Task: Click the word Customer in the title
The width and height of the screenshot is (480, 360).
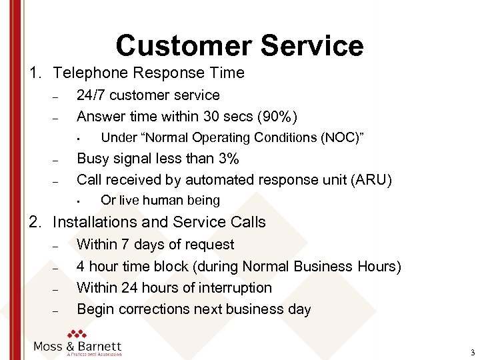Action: tap(183, 45)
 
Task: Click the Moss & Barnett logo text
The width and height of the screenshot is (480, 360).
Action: tap(78, 346)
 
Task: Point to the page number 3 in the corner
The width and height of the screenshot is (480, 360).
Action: tap(472, 353)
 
